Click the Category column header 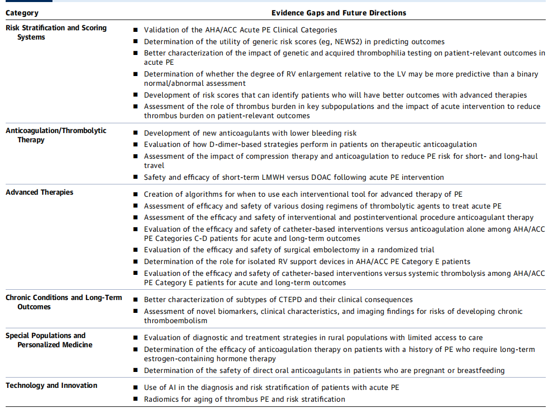click(22, 13)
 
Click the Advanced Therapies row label click(39, 192)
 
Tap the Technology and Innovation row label click(51, 385)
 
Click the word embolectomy click(337, 250)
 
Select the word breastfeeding click(478, 370)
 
